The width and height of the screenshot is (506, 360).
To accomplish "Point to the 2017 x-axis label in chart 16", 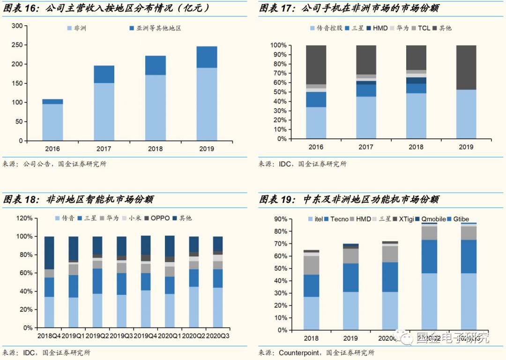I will pos(103,149).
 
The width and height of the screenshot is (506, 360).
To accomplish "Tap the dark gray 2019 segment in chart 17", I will pos(466,67).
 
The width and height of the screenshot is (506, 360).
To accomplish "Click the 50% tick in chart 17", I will pos(280,92).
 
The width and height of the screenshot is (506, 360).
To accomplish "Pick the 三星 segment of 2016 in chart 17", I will pos(316,99).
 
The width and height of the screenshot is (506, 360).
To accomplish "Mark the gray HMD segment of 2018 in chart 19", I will pos(312,265).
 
